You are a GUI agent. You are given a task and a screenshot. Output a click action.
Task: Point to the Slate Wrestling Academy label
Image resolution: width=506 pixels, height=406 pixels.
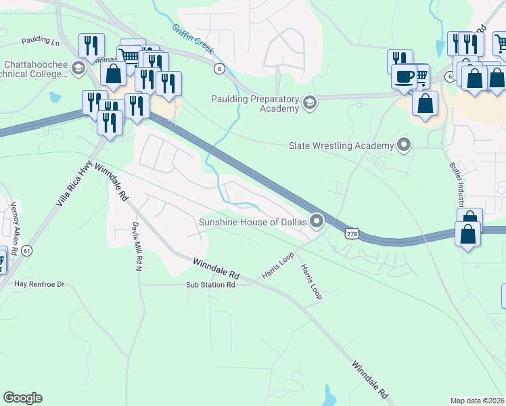pos(341,145)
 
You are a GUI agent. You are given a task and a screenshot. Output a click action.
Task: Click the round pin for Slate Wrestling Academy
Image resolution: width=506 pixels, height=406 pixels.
pos(404,145)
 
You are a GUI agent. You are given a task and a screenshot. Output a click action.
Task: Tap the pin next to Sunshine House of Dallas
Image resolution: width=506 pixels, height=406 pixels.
pos(317,221)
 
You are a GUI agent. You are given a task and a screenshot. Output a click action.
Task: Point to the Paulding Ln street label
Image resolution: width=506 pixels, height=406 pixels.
pos(41,41)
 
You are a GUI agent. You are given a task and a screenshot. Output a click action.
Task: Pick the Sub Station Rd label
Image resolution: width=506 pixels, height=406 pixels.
pos(210,286)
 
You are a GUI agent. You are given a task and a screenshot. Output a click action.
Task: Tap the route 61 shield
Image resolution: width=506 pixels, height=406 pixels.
pos(27,251)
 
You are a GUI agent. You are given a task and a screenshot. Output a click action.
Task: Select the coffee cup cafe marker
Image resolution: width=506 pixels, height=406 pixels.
pos(405,76)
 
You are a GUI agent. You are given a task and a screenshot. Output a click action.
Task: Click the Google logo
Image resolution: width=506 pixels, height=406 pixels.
pos(22,398)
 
